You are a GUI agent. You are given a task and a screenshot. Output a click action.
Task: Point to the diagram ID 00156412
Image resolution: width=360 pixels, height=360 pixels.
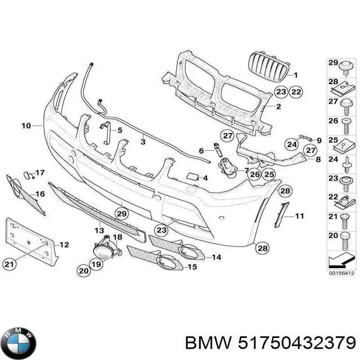(341, 273)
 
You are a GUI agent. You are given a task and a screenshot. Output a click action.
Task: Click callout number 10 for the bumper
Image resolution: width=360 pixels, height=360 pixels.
(26, 126)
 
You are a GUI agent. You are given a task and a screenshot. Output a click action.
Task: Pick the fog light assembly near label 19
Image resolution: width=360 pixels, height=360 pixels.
(103, 250)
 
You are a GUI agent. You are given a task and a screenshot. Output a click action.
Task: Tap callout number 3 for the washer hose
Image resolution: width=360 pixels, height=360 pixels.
(143, 142)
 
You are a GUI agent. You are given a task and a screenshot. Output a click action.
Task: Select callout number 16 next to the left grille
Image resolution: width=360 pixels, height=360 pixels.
(40, 194)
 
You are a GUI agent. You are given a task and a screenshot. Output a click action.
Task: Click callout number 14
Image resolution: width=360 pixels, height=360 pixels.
(216, 257)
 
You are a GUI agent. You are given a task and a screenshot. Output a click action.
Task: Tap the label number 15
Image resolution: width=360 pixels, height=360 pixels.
(192, 267)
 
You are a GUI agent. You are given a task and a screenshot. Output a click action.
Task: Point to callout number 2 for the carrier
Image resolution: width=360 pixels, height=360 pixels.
(278, 107)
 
